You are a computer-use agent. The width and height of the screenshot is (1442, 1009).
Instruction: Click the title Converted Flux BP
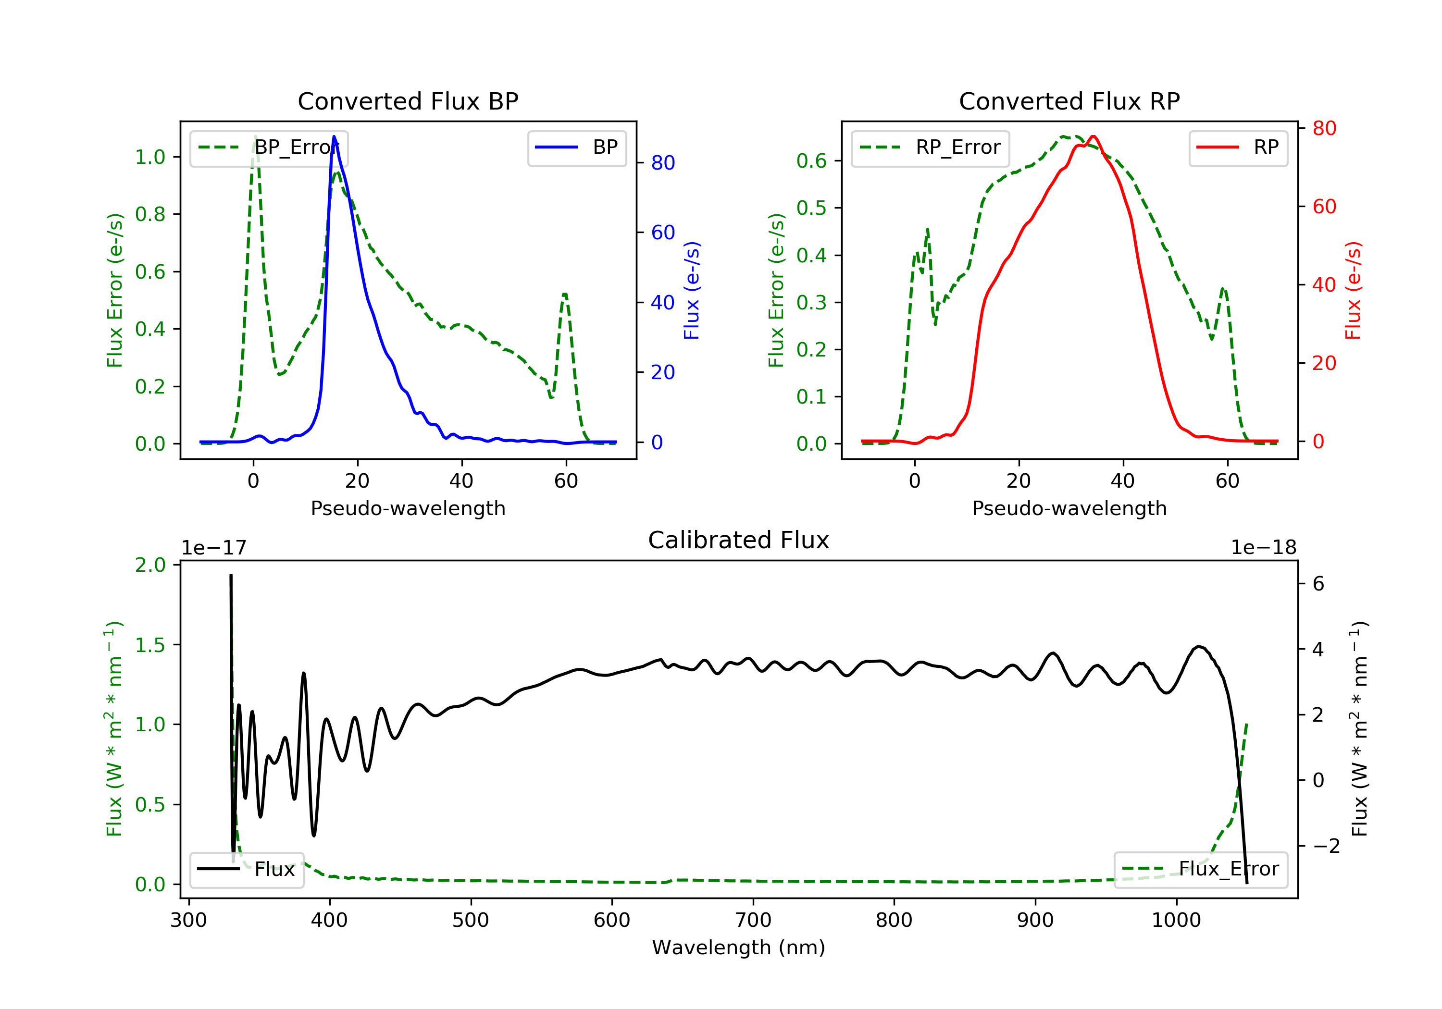408,101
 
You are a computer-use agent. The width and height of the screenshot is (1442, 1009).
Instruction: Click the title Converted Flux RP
1069,101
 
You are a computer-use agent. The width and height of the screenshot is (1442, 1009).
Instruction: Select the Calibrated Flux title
739,540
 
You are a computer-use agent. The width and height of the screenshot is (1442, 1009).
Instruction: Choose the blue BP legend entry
576,148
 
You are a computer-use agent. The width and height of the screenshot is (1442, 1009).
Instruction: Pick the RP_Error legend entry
930,148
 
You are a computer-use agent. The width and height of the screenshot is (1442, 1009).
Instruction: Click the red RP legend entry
1238,148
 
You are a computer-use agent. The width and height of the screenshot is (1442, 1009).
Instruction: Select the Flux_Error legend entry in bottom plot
1200,869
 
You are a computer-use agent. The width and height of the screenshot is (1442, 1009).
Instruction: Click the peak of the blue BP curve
334,136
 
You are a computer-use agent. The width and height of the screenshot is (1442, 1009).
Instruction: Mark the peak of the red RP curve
1094,136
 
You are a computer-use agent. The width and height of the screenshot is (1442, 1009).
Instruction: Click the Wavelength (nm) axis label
739,947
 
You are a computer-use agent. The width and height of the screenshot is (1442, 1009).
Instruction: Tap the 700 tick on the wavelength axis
753,921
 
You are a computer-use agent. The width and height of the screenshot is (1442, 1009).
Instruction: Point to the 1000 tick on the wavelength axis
1176,921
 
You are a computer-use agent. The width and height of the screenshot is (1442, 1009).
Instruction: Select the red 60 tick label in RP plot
1325,207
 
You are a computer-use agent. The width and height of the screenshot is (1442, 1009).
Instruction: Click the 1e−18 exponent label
1264,548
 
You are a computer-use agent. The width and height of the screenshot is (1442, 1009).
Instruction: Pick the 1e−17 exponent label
213,548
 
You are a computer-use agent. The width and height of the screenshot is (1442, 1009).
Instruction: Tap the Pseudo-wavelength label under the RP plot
1069,508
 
